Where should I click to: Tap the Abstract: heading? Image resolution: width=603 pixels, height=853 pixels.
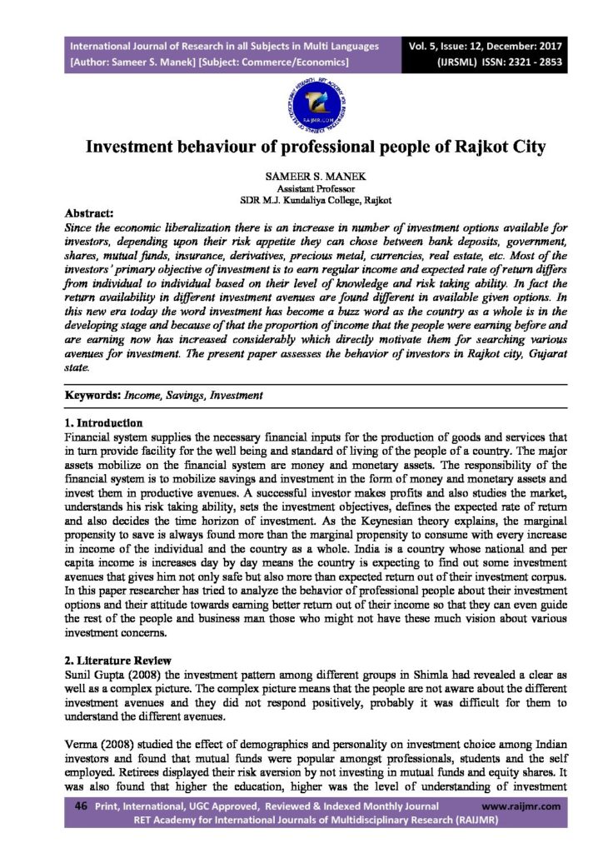pos(92,213)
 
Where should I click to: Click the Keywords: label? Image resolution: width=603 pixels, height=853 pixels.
pos(92,395)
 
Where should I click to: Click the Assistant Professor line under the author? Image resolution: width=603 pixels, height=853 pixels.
pos(301,190)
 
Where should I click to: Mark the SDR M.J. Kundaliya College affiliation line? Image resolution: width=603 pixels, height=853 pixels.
pos(301,202)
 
